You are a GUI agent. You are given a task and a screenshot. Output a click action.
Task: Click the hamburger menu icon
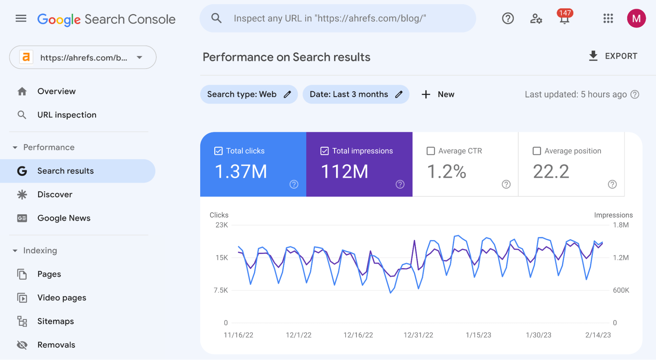click(21, 18)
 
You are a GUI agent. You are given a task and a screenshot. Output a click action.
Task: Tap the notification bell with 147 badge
click(564, 19)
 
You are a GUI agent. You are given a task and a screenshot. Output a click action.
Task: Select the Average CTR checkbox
click(431, 151)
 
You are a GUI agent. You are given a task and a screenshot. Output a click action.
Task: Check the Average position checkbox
click(537, 151)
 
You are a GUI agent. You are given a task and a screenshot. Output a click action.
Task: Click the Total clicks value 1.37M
click(241, 171)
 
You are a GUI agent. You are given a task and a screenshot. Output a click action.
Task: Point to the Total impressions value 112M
click(344, 171)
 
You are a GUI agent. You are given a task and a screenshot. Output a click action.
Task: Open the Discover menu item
click(55, 195)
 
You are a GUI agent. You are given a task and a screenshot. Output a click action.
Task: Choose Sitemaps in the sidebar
click(55, 321)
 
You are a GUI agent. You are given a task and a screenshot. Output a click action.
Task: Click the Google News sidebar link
click(64, 218)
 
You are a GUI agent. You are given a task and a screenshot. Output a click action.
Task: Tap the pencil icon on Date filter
click(399, 95)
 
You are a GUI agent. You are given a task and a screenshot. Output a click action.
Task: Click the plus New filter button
click(438, 95)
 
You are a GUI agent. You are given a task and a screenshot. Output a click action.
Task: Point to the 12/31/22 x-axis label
click(418, 335)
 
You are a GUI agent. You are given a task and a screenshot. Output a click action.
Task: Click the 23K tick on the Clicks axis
click(222, 225)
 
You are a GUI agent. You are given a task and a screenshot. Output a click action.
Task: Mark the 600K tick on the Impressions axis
click(621, 290)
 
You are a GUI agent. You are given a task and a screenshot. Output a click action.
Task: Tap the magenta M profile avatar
click(636, 18)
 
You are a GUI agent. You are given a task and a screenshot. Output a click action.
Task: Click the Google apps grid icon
click(608, 18)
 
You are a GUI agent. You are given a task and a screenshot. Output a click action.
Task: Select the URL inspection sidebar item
click(67, 115)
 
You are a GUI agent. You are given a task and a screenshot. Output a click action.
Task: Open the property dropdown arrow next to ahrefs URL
click(139, 57)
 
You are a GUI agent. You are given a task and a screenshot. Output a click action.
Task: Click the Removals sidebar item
click(56, 345)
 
